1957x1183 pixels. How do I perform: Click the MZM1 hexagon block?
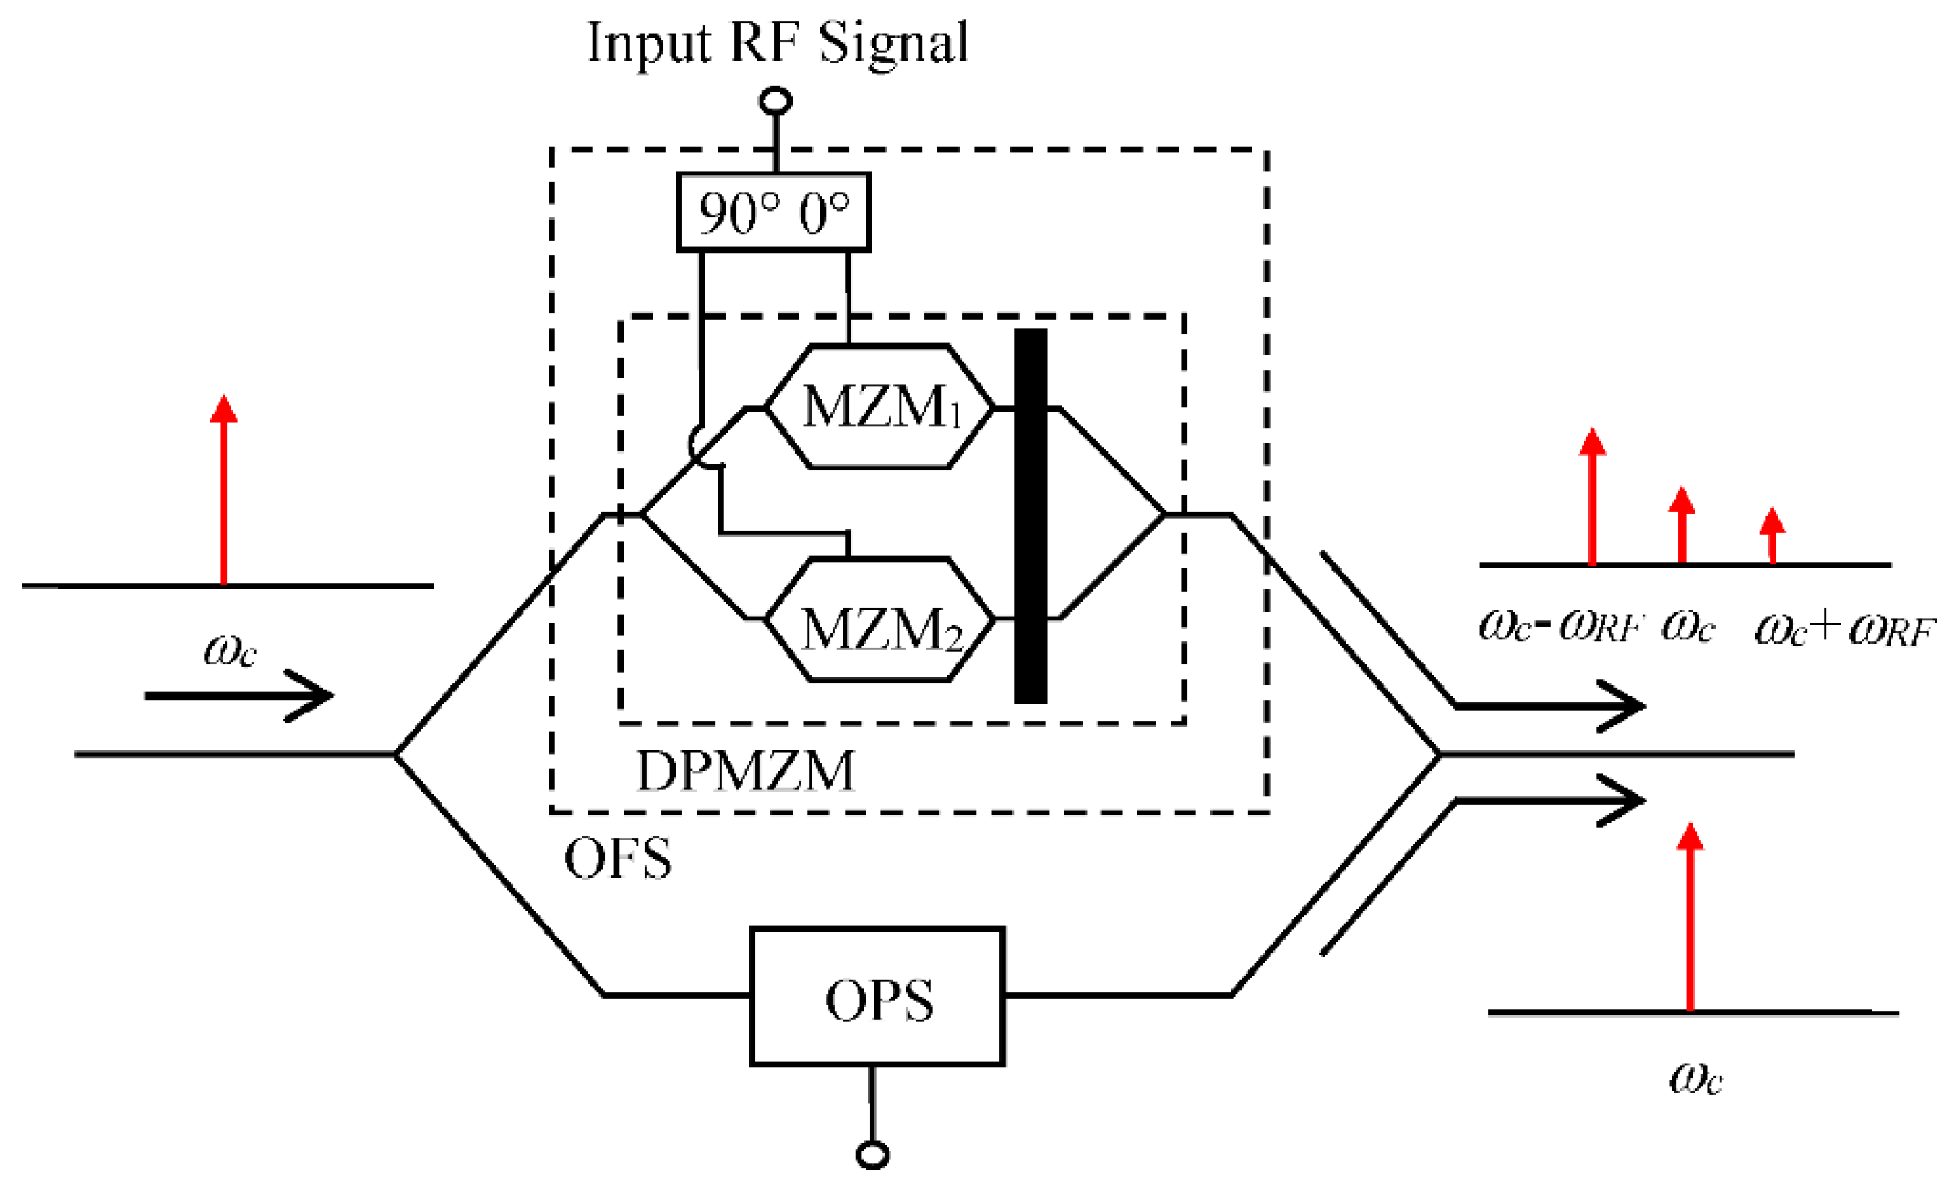(879, 407)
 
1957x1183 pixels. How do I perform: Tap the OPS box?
(877, 996)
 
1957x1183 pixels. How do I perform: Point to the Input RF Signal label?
(777, 43)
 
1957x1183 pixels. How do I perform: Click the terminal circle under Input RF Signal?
(775, 101)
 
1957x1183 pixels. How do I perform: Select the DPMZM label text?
(745, 770)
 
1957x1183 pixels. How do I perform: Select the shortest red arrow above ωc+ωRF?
(1772, 536)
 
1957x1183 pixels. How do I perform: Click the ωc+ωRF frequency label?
(1843, 629)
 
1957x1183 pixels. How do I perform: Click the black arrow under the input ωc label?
(238, 695)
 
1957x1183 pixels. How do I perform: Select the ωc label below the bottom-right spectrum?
(1695, 1078)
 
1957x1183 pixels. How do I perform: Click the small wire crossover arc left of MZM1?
(697, 446)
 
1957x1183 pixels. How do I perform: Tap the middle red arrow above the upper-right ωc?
(1682, 526)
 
